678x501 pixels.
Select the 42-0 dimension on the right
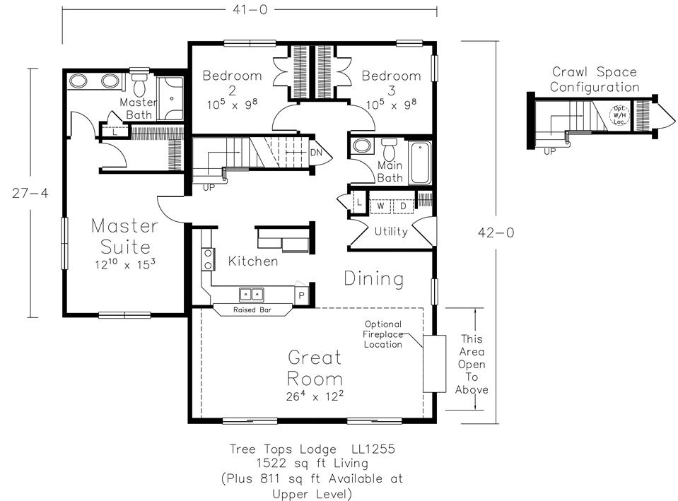[496, 232]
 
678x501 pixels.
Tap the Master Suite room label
[125, 237]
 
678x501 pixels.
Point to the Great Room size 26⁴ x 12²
[315, 396]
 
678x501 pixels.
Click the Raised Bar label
[252, 310]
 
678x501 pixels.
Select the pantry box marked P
[301, 295]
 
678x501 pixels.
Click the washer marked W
[380, 206]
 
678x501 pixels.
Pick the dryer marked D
[403, 206]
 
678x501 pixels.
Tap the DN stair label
[316, 153]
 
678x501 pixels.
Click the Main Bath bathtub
[420, 163]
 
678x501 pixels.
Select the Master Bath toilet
[139, 85]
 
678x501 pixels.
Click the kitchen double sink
[252, 295]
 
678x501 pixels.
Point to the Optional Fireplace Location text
[383, 334]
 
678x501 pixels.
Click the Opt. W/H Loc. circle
[619, 115]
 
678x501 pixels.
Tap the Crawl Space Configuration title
[595, 80]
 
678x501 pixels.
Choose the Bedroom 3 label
[392, 83]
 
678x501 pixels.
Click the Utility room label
[391, 232]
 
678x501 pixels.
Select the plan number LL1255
[373, 449]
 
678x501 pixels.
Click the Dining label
[374, 279]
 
